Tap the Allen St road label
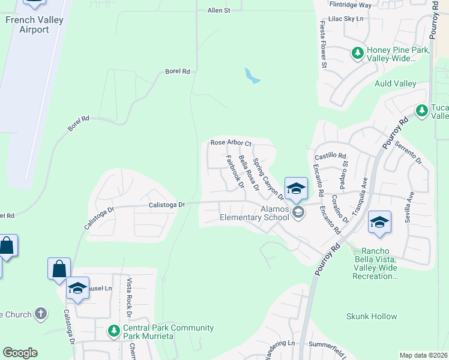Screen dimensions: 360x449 [219, 11]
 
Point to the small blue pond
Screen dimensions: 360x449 [252, 76]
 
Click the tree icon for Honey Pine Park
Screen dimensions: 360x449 [358, 53]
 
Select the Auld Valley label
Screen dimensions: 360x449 [396, 83]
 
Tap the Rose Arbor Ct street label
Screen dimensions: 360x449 [231, 143]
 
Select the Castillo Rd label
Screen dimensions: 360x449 [331, 155]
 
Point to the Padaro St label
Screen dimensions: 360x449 [345, 167]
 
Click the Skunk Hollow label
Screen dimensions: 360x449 [372, 316]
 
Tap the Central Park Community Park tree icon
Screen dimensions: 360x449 [113, 330]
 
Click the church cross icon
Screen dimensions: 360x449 [41, 313]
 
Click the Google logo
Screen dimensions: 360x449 [20, 353]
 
